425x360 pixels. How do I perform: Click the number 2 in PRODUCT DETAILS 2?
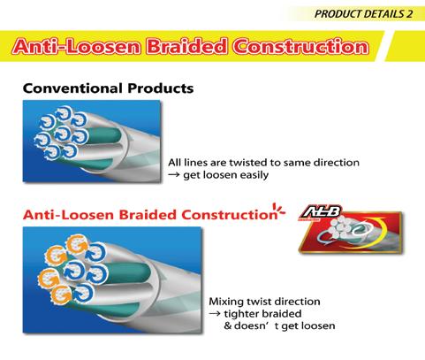409,14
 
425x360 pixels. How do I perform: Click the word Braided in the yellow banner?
186,47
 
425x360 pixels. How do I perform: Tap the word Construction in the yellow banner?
300,47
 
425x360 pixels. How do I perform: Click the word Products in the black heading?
161,88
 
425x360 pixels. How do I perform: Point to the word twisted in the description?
247,163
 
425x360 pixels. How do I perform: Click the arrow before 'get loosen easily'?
174,175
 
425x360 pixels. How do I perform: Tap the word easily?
254,175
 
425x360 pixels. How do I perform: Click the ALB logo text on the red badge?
322,211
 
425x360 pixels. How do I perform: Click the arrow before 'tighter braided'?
215,314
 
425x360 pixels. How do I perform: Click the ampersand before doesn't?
228,326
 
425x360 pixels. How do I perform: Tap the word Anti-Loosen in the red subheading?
68,215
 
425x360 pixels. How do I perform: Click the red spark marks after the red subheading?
279,210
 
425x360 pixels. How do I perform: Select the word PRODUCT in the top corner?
338,14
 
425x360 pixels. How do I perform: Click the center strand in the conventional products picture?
63,134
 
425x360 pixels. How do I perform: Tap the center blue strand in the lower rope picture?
73,272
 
